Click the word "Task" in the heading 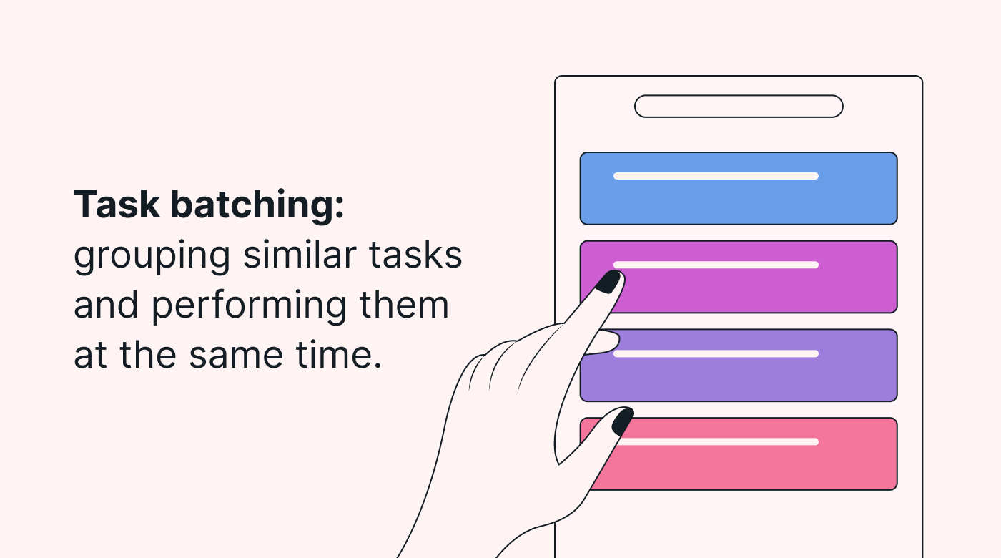coord(117,205)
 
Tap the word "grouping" coord(152,257)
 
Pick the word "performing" coord(250,307)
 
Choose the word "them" coord(404,304)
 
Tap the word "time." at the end coord(339,354)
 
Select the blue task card coord(738,188)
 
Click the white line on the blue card coord(716,176)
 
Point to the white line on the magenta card coord(716,265)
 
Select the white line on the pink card coord(719,442)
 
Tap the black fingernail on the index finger coord(608,282)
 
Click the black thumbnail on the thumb coord(623,421)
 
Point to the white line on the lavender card coord(716,353)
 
